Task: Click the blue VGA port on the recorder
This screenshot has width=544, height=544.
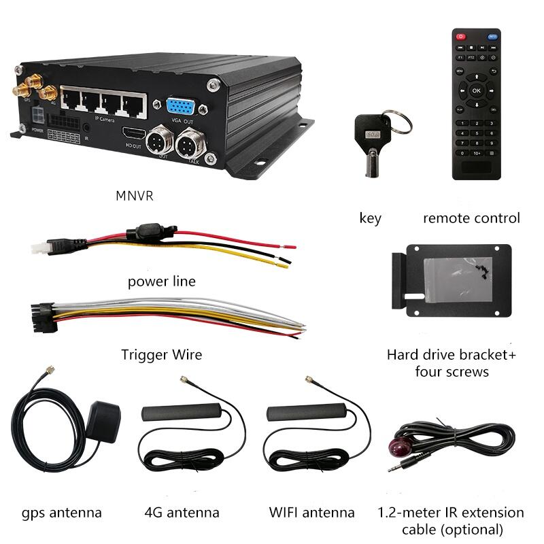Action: pyautogui.click(x=180, y=106)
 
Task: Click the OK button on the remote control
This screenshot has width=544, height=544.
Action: pyautogui.click(x=476, y=90)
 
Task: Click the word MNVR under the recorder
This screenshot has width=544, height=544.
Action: pyautogui.click(x=135, y=197)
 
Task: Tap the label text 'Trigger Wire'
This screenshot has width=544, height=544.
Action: pyautogui.click(x=161, y=354)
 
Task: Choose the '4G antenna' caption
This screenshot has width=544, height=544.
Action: pyautogui.click(x=182, y=512)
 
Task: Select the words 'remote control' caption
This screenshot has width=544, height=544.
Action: pyautogui.click(x=471, y=218)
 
